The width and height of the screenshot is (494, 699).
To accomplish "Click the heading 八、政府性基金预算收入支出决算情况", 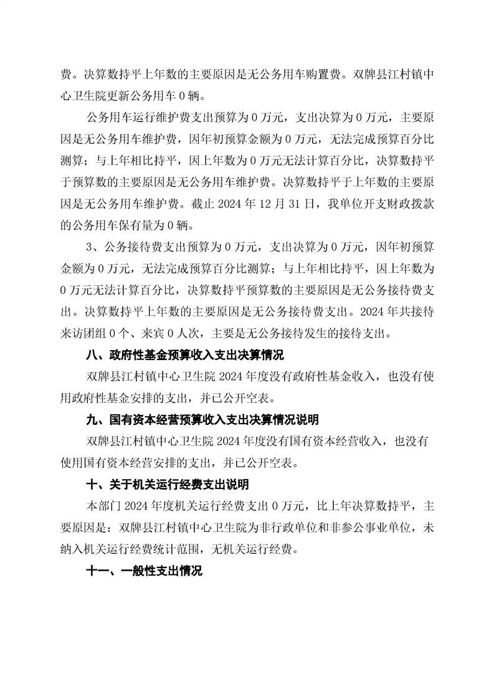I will point(185,356).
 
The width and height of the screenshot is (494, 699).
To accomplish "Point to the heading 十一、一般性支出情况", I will point(144,571).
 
